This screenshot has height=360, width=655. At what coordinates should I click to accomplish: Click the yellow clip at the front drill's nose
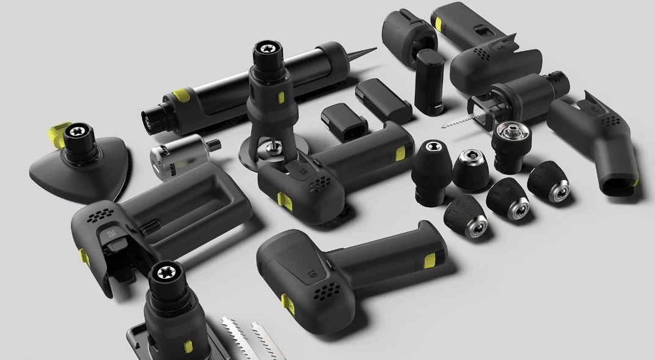click(285, 301)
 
